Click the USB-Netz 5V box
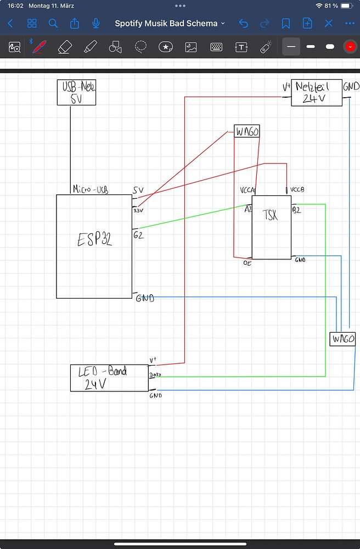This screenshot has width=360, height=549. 76,92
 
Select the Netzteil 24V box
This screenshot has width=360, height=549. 316,93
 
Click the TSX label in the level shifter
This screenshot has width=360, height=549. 270,215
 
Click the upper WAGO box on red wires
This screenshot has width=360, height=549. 246,131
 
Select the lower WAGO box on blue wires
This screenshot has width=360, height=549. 342,339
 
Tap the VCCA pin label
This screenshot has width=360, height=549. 248,190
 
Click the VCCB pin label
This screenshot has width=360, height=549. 297,189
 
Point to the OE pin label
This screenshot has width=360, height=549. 247,263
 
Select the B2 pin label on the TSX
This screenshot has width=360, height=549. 296,210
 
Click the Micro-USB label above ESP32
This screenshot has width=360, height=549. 91,189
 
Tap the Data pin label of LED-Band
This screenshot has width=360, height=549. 154,375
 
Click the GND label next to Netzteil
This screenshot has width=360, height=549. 351,86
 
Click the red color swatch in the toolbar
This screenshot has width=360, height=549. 350,47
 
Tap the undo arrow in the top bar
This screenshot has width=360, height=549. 244,23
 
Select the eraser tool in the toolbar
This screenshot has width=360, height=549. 65,47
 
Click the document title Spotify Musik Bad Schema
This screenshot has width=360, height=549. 166,24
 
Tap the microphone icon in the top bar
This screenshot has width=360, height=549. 96,23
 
